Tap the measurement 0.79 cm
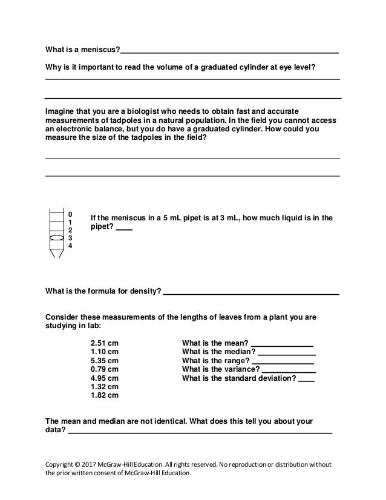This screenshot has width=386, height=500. point(104,368)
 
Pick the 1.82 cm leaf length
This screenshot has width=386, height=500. point(104,395)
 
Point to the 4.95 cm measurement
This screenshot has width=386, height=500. point(104,377)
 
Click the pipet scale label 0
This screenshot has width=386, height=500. point(70,214)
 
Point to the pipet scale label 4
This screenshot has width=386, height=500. point(70,246)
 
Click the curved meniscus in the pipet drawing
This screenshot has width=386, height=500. point(56,238)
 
